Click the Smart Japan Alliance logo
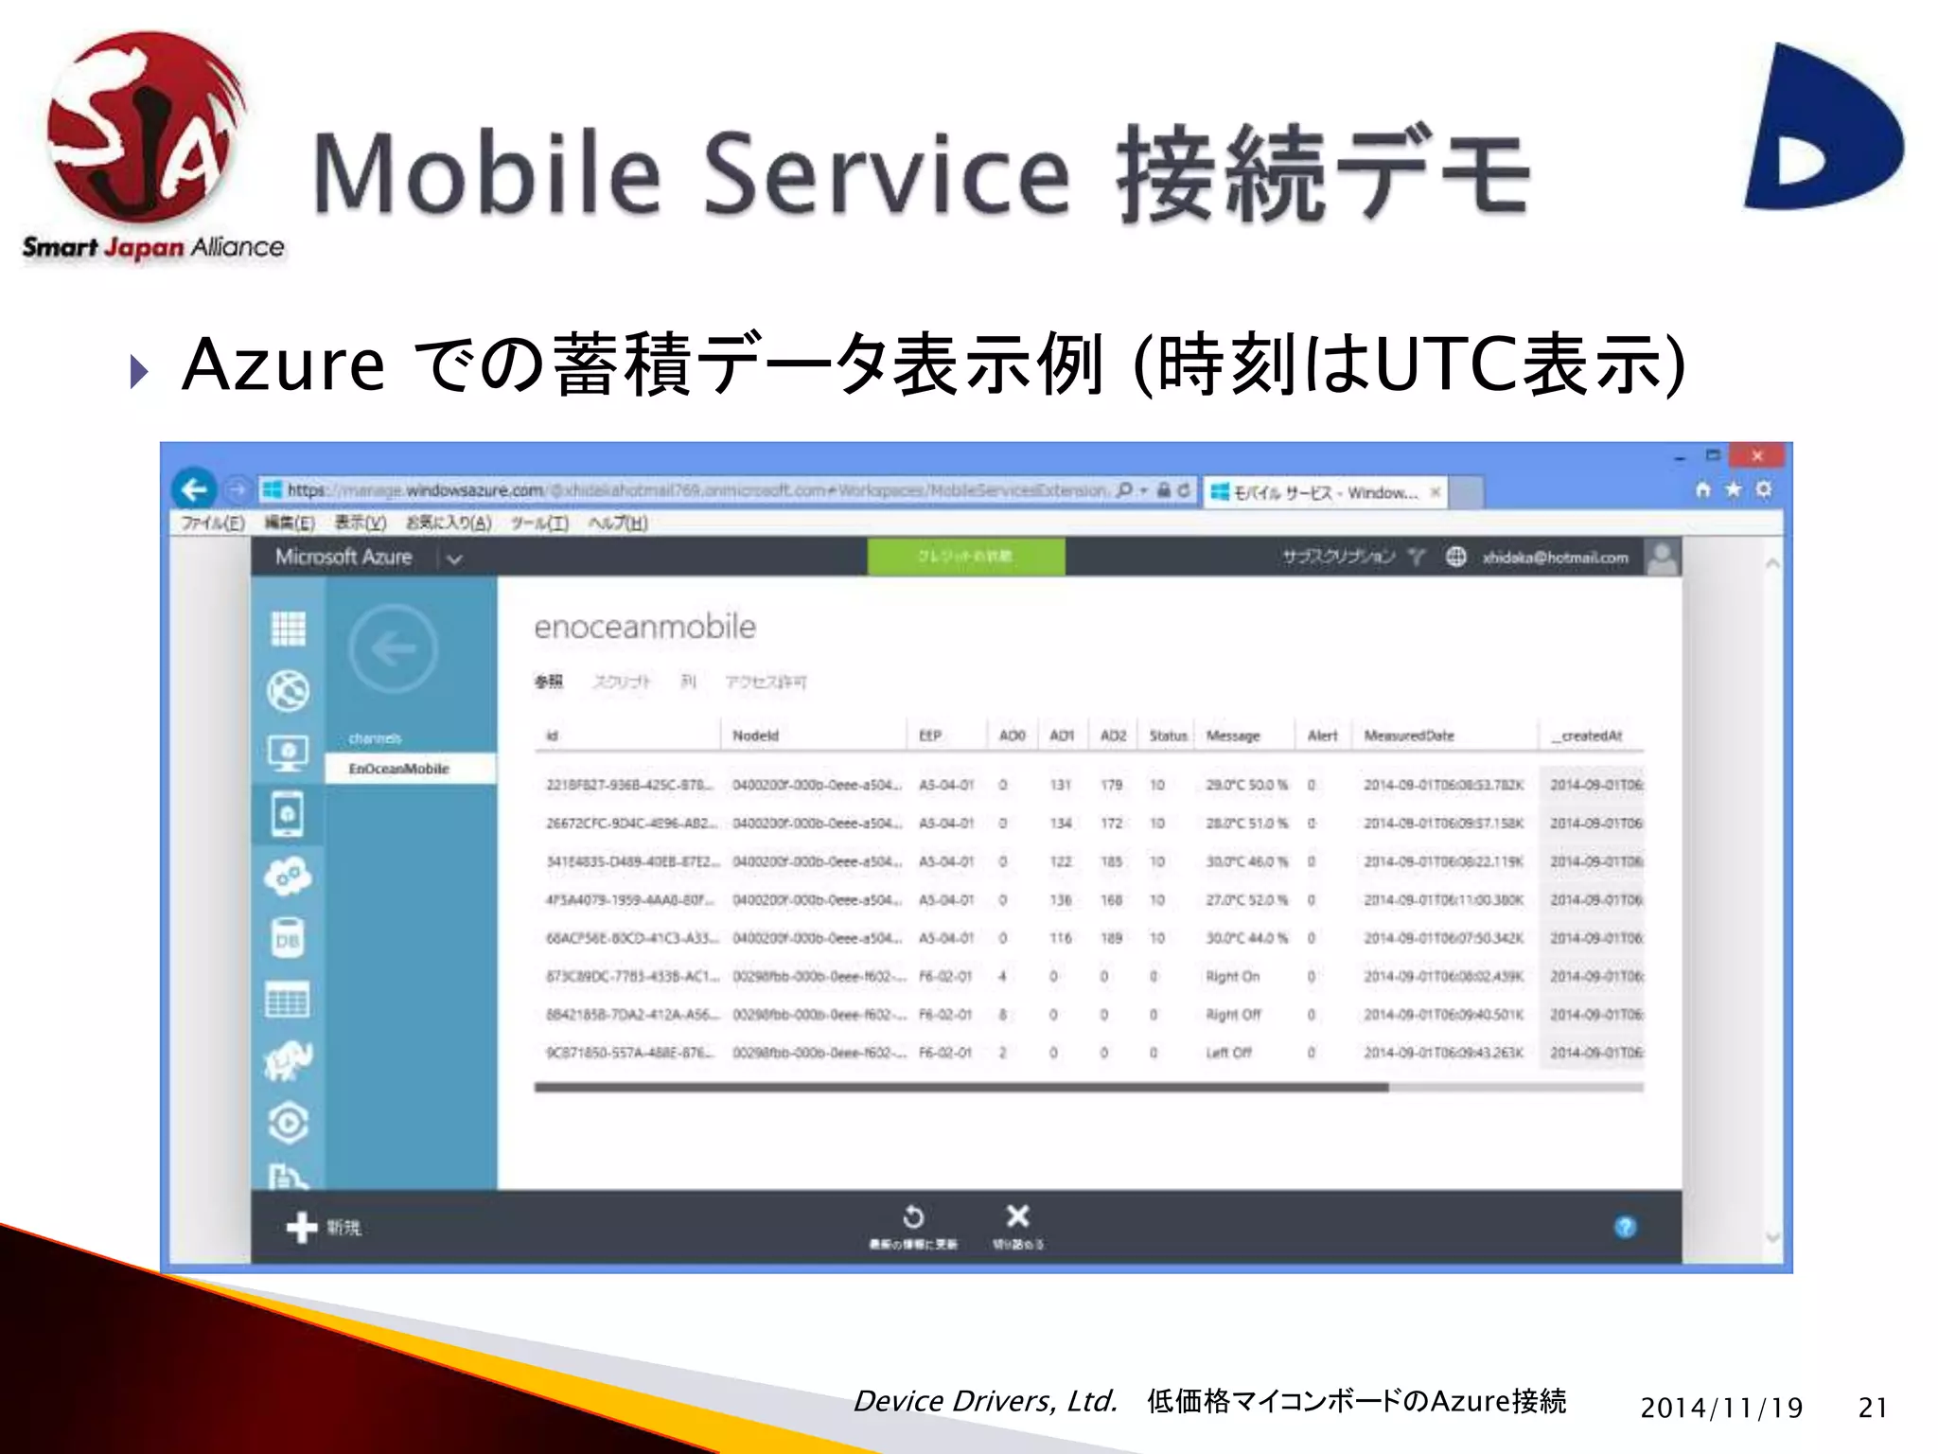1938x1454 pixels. (x=147, y=142)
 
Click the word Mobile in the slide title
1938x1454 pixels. (x=487, y=175)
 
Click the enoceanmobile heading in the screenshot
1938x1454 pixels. (x=644, y=627)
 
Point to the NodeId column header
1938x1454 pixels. (x=755, y=736)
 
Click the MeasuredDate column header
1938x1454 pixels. (x=1409, y=736)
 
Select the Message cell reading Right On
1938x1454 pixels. (x=1233, y=976)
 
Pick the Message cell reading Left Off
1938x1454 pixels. (x=1229, y=1053)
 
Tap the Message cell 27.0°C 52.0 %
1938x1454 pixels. (x=1246, y=900)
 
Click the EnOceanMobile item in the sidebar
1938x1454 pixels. (x=398, y=769)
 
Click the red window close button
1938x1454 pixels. (x=1756, y=456)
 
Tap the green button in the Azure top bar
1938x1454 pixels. (x=965, y=557)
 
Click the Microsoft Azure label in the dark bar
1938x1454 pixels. (x=344, y=558)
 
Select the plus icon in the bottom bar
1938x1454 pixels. (x=301, y=1227)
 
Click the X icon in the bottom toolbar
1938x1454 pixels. (x=1017, y=1216)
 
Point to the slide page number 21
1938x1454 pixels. (x=1873, y=1408)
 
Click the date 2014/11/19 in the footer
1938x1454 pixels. (x=1721, y=1408)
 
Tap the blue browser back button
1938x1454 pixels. (x=195, y=489)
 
